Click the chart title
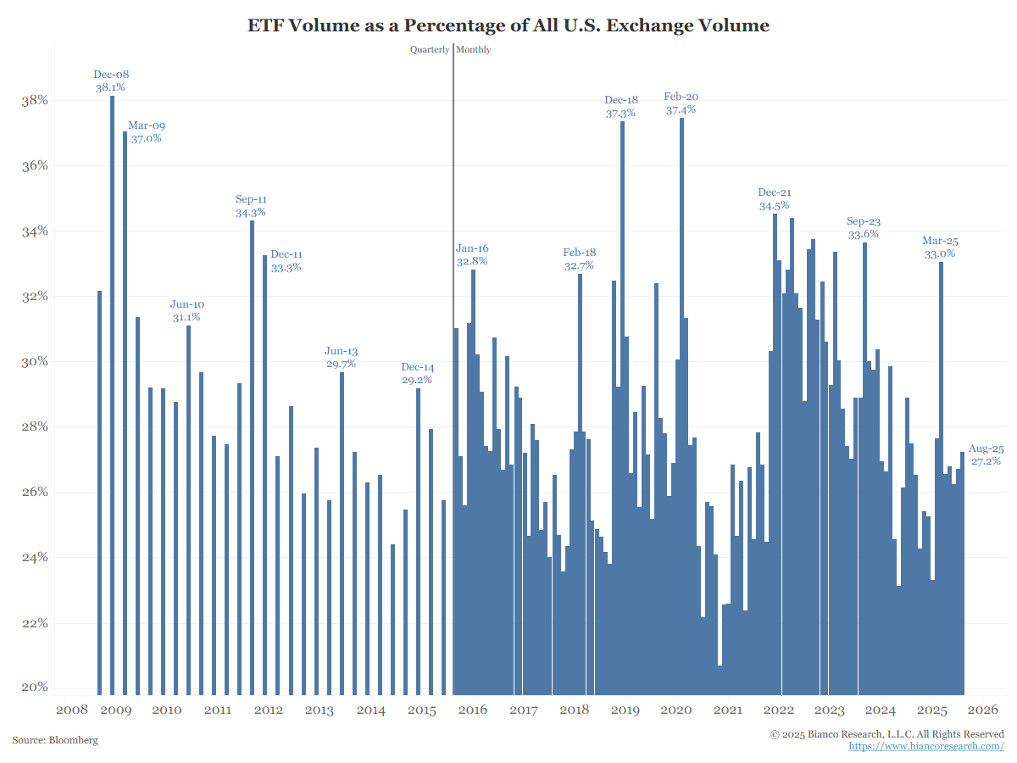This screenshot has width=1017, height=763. click(508, 25)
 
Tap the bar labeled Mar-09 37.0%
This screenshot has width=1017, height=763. click(125, 407)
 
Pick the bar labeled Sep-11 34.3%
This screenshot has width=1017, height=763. click(252, 458)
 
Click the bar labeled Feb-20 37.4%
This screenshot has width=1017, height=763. click(681, 398)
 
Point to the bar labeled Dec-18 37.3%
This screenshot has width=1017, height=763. click(622, 407)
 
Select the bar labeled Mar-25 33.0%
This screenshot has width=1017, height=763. click(941, 475)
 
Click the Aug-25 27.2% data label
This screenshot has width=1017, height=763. click(986, 455)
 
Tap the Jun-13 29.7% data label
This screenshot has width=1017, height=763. click(341, 357)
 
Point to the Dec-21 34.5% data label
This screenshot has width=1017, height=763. click(775, 198)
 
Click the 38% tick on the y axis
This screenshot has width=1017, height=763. click(35, 100)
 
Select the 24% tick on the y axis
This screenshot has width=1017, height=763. click(35, 557)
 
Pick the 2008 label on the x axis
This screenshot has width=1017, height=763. click(72, 710)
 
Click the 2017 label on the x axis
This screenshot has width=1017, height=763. click(524, 710)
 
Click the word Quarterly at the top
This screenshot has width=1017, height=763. click(430, 49)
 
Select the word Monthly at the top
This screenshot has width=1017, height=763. click(474, 49)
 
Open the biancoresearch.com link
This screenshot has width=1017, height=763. click(926, 746)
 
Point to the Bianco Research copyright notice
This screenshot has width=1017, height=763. click(886, 733)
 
